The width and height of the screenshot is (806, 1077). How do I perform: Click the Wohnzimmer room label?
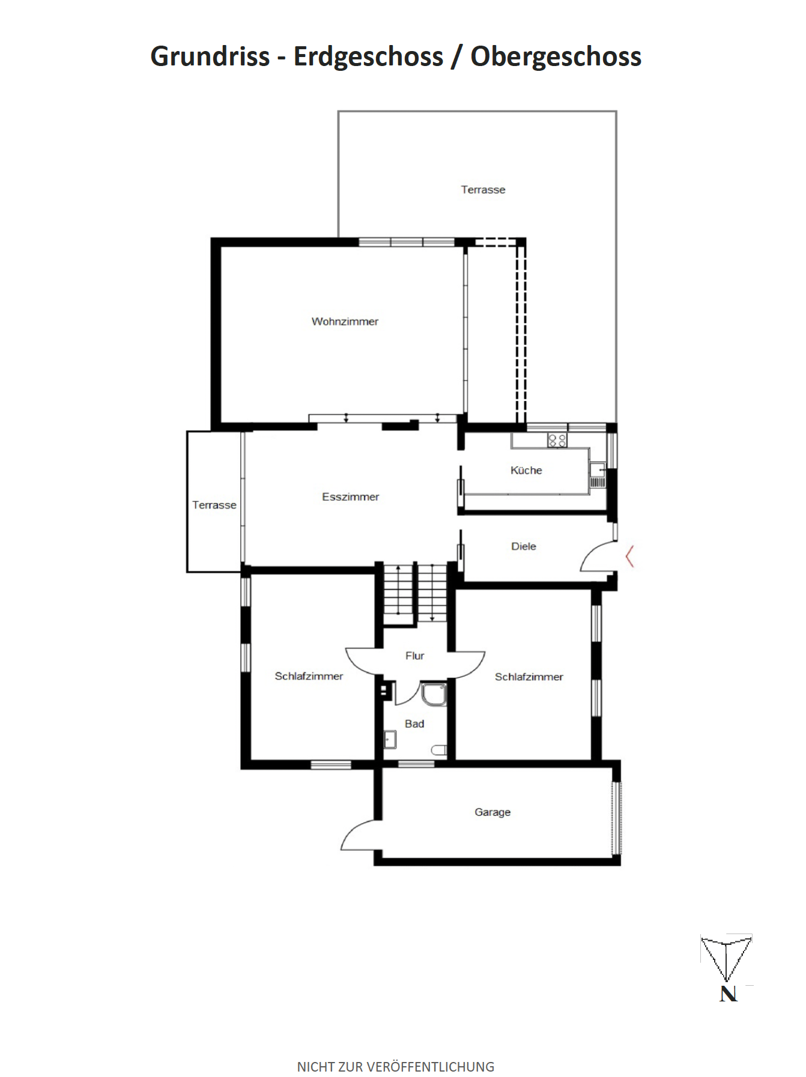click(345, 321)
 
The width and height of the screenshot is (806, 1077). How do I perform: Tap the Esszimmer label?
click(350, 496)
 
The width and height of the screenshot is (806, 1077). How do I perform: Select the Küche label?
click(526, 470)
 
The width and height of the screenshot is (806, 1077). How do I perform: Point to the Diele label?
click(523, 546)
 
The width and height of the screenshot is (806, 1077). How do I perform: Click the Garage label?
click(492, 812)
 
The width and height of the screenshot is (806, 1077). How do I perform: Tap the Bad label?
click(414, 723)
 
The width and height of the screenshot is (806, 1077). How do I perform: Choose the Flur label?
click(414, 656)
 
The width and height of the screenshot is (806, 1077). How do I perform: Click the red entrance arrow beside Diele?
click(629, 557)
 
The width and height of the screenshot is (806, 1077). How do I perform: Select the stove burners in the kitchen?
click(557, 441)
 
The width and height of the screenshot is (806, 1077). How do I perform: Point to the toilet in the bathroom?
click(439, 750)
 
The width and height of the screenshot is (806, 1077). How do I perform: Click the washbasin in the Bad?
click(390, 740)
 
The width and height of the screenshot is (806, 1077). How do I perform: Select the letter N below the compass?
click(728, 994)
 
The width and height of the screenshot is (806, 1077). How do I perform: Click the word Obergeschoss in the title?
click(556, 56)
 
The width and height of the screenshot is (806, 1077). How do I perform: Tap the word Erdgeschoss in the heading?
click(368, 56)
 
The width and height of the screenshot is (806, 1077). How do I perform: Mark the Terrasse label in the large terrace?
click(483, 190)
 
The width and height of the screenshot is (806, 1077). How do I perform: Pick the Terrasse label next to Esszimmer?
click(214, 505)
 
